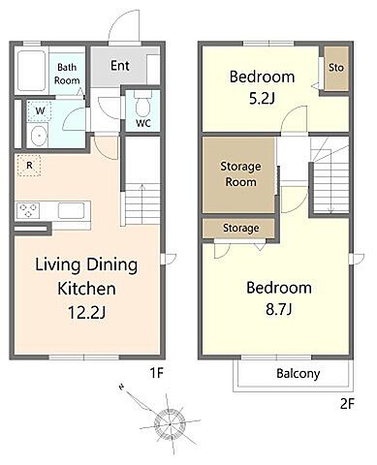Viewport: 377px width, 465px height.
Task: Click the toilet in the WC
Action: [142, 103]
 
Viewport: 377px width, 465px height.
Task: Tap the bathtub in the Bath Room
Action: [31, 71]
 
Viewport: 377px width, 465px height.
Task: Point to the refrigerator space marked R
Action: [29, 166]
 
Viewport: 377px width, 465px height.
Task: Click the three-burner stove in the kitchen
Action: [28, 210]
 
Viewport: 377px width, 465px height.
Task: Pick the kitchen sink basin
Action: [71, 210]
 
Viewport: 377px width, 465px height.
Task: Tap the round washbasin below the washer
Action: [38, 136]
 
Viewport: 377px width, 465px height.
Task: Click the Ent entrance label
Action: [120, 66]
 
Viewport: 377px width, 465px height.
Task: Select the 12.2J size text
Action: [87, 312]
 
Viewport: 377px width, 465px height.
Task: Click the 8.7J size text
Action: [279, 309]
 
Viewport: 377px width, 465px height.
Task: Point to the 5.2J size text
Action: [262, 99]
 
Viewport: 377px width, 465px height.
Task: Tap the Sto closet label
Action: [336, 68]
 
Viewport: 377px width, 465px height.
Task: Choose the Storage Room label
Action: [240, 173]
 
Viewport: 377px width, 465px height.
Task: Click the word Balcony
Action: [298, 374]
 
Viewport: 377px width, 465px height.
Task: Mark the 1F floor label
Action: [157, 373]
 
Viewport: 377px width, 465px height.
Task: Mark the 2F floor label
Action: [348, 404]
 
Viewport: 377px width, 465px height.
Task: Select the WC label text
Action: [143, 123]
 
